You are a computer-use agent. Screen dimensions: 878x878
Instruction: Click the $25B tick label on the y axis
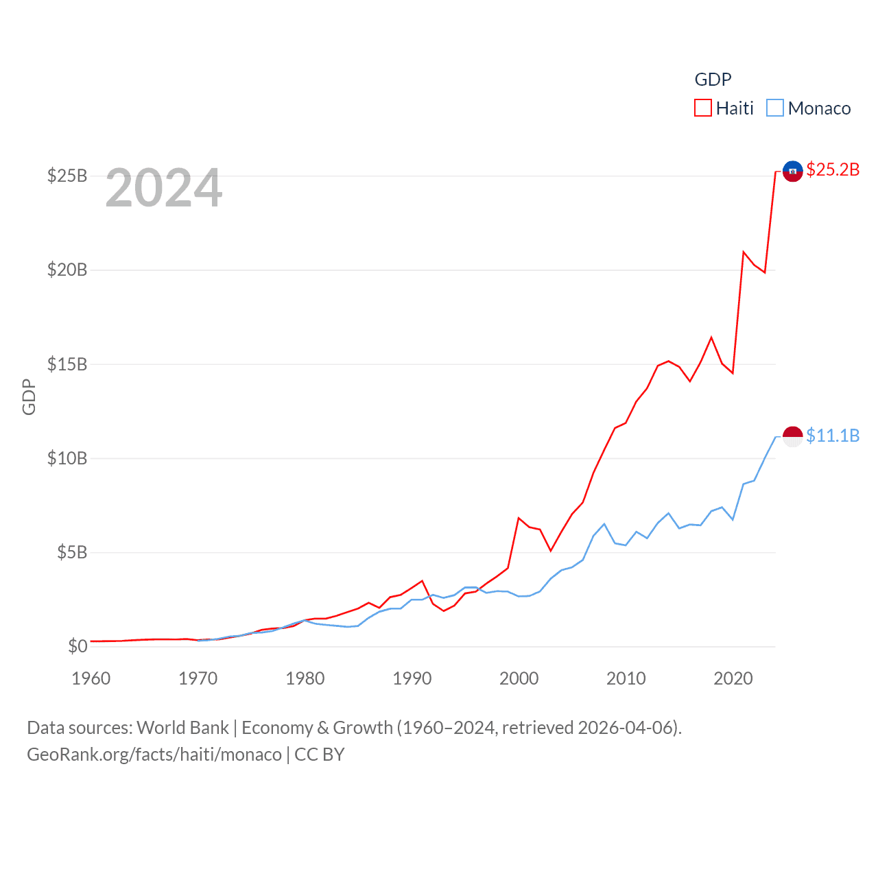[67, 176]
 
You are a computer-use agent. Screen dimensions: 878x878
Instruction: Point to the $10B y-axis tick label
[67, 458]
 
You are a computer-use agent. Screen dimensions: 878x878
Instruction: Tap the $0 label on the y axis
[78, 646]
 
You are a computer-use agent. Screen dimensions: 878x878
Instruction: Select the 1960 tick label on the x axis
[91, 678]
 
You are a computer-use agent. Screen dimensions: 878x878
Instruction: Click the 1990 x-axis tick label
[412, 678]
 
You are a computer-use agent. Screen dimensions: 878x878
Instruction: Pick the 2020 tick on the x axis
[733, 678]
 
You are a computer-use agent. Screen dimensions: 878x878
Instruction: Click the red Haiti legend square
[703, 108]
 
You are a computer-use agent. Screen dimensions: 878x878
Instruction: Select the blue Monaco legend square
[775, 108]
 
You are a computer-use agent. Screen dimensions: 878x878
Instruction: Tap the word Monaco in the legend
[819, 108]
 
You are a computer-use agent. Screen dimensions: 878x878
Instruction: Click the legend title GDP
[713, 80]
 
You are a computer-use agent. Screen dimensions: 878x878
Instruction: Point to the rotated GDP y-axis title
[29, 396]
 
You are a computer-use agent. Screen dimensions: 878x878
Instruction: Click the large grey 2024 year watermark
[164, 188]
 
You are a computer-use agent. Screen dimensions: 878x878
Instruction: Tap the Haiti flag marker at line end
[792, 171]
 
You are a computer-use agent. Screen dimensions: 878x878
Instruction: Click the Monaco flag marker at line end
[792, 436]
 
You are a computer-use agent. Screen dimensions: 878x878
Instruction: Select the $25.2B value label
[833, 169]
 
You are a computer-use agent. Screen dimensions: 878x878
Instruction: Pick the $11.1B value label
[833, 436]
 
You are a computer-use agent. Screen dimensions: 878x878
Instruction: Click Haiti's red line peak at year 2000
[519, 518]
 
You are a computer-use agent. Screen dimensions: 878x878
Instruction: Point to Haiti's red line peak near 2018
[711, 337]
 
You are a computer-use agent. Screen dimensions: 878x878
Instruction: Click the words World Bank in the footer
[182, 728]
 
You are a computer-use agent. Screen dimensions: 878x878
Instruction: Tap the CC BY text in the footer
[319, 755]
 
